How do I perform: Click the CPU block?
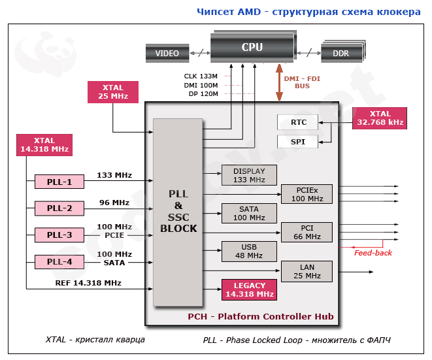(252, 47)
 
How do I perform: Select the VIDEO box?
(167, 54)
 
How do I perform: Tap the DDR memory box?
(341, 54)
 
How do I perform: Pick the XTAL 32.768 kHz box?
(378, 117)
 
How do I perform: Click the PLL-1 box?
(59, 182)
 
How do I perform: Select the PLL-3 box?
(59, 235)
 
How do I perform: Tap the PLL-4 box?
(59, 262)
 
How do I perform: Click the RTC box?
(298, 122)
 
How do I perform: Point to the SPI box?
(298, 142)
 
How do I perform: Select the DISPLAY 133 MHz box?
(249, 175)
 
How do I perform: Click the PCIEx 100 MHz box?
(307, 194)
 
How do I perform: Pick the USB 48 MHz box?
(249, 252)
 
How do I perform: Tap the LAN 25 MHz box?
(307, 271)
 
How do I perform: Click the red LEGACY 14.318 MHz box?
(249, 289)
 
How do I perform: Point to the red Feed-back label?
(373, 253)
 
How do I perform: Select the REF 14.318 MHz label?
(88, 283)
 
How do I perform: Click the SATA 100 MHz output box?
(249, 213)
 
